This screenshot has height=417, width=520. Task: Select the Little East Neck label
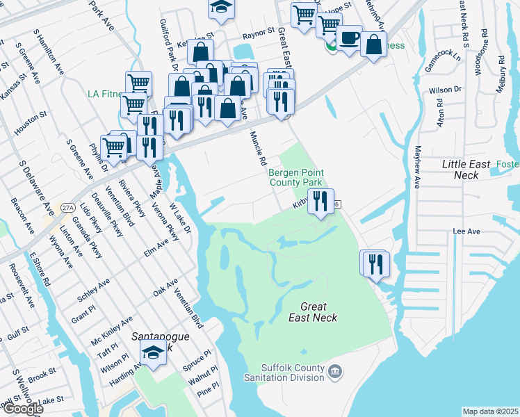(470, 170)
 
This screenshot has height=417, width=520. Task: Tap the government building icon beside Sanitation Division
(335, 372)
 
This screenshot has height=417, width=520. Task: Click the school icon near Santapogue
(154, 351)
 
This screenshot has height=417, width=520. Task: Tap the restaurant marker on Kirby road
(320, 201)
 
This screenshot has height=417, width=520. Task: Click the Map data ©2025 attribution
(490, 411)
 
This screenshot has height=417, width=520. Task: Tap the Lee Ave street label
(466, 231)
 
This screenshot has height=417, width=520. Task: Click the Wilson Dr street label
(445, 90)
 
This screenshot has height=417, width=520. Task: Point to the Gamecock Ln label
(443, 58)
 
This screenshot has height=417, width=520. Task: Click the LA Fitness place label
(104, 94)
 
